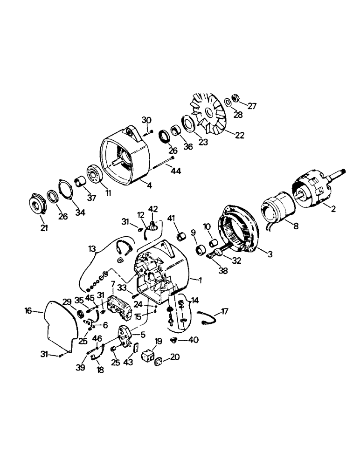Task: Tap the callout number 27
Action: (x=252, y=106)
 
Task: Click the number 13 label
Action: (x=91, y=248)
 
